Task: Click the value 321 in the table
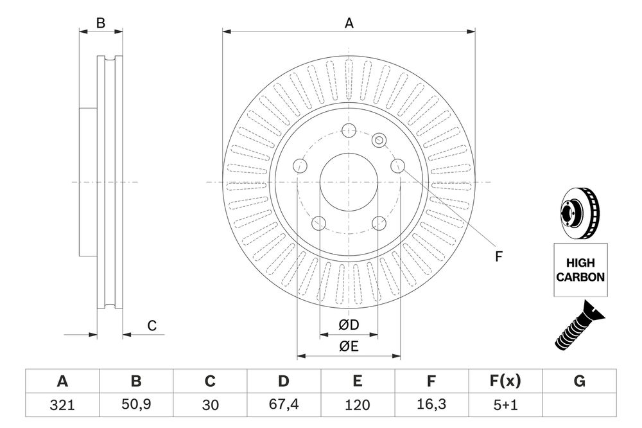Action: [x=62, y=405]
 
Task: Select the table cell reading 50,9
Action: [x=136, y=405]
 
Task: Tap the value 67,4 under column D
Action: [x=283, y=405]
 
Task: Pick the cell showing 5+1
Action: [x=506, y=405]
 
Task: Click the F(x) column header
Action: [x=506, y=382]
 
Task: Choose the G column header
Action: [x=579, y=382]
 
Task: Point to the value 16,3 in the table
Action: [x=432, y=405]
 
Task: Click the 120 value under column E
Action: [x=357, y=405]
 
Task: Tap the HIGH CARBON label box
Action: [x=580, y=270]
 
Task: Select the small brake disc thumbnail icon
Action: [x=579, y=213]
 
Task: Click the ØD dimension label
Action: [x=349, y=326]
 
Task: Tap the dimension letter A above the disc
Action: [x=349, y=23]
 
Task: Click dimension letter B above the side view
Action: [x=100, y=23]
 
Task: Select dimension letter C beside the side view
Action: [x=152, y=326]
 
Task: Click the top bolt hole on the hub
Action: [x=349, y=130]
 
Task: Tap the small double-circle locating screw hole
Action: [x=379, y=139]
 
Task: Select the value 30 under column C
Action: [x=209, y=405]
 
